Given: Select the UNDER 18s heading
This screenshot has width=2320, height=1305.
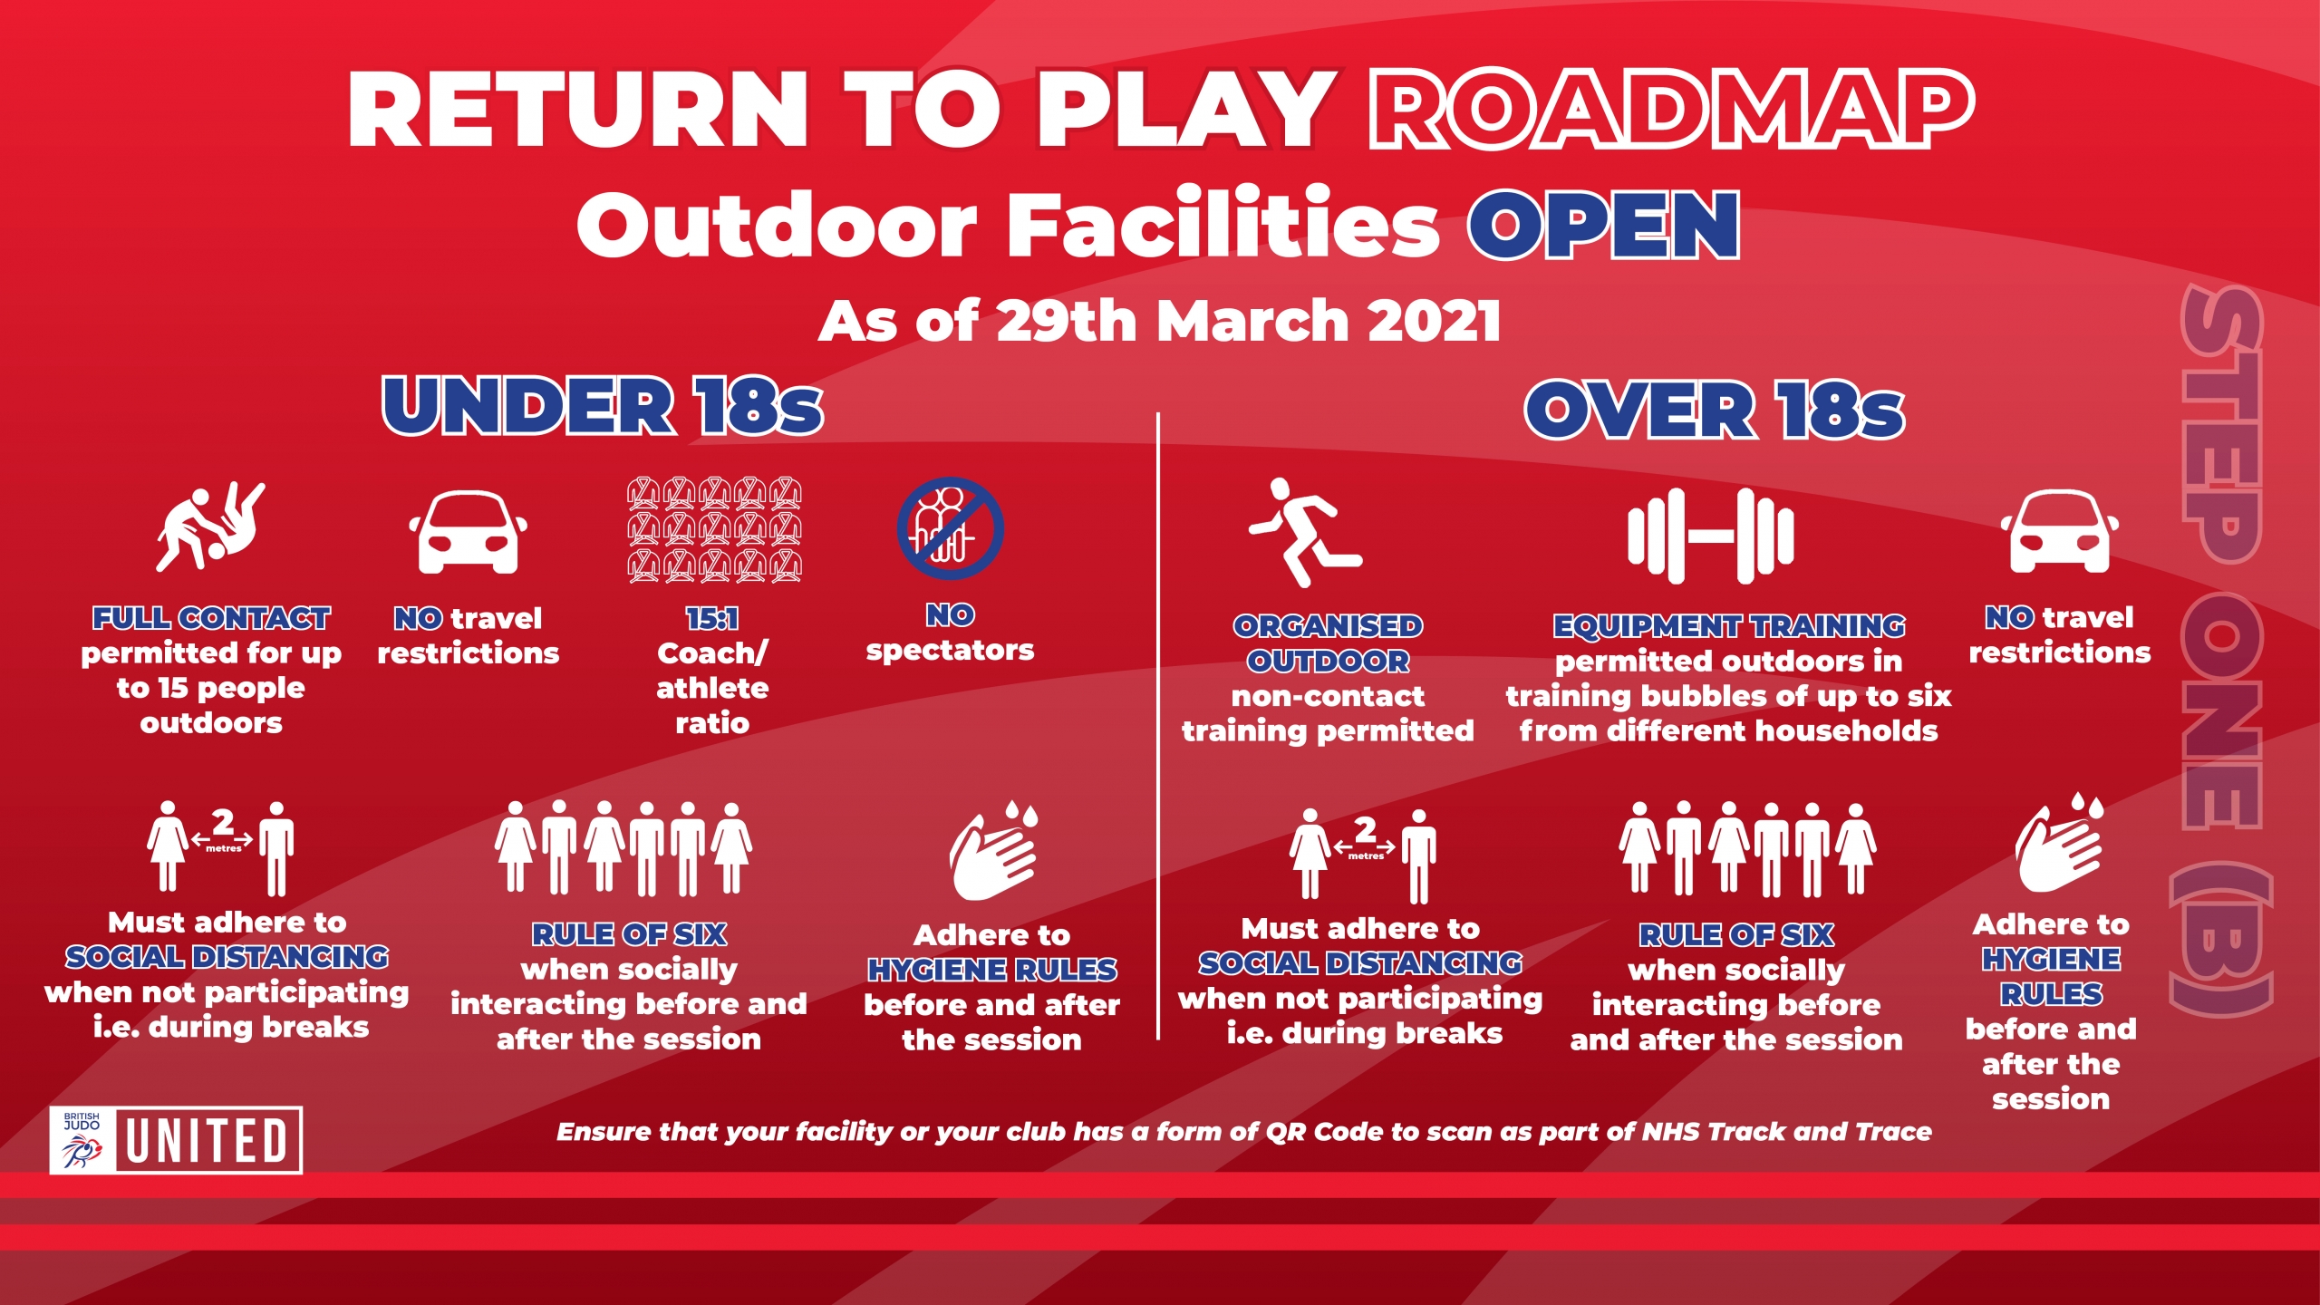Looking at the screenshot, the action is tap(603, 405).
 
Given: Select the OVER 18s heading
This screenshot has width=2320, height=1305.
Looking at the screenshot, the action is tap(1715, 410).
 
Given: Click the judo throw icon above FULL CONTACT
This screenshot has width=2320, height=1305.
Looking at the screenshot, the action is tap(211, 527).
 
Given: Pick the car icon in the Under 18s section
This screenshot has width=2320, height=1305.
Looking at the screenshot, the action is tap(468, 532).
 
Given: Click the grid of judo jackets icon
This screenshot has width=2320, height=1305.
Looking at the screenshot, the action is tap(714, 529).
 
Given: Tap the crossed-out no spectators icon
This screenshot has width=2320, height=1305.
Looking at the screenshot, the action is tap(950, 528).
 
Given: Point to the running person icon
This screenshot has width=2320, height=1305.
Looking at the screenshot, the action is tap(1305, 532).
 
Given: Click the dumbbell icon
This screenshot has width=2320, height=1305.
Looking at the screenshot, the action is tap(1710, 536).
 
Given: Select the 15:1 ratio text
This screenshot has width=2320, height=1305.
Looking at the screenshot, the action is tap(712, 619).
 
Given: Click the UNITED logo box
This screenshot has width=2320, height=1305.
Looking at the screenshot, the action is tap(209, 1140).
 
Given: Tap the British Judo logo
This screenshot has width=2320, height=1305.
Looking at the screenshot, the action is tap(82, 1140).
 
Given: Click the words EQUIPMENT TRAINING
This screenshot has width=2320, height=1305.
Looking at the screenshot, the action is tap(1729, 626).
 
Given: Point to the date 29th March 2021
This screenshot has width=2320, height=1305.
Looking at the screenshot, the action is tap(1249, 321).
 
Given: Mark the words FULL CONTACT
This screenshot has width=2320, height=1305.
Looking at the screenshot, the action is tap(211, 619).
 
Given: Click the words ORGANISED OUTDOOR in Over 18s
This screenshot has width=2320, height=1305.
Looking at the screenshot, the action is tap(1329, 643).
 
